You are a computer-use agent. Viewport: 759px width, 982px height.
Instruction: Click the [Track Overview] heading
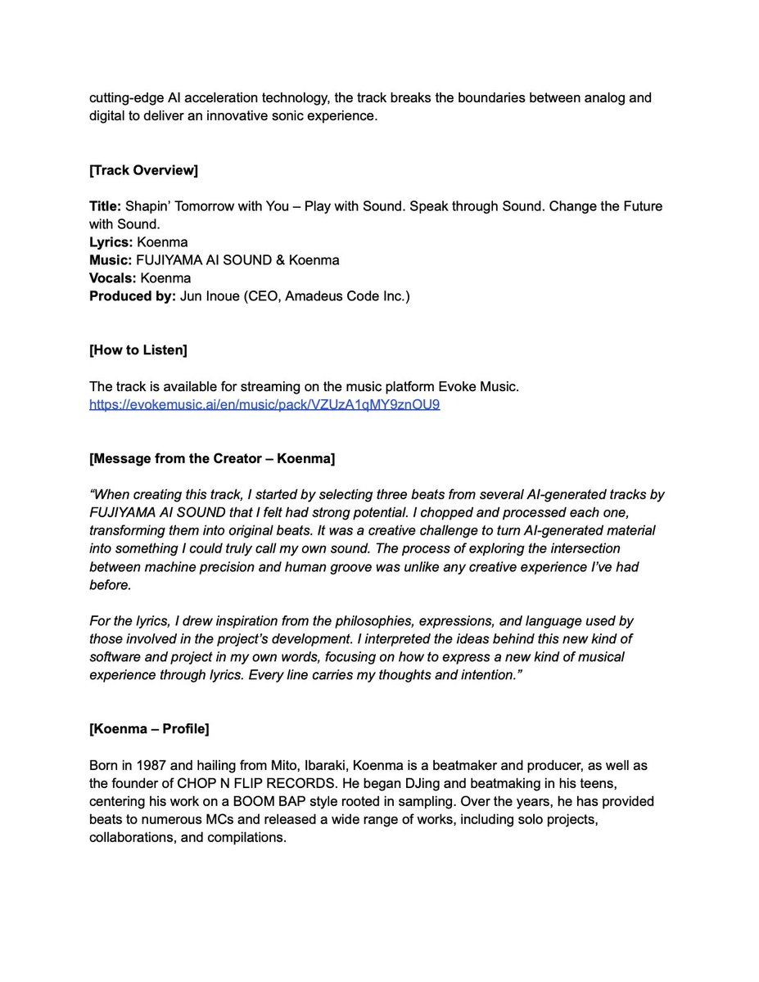143,170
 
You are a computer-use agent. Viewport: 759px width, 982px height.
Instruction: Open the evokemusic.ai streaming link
264,404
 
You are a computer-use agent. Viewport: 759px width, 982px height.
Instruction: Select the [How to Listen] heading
138,350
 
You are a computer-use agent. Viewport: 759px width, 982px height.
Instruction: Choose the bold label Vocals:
112,278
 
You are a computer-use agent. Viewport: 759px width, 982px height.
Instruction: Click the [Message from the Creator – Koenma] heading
211,458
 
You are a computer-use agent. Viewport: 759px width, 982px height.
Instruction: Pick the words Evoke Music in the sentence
481,386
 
